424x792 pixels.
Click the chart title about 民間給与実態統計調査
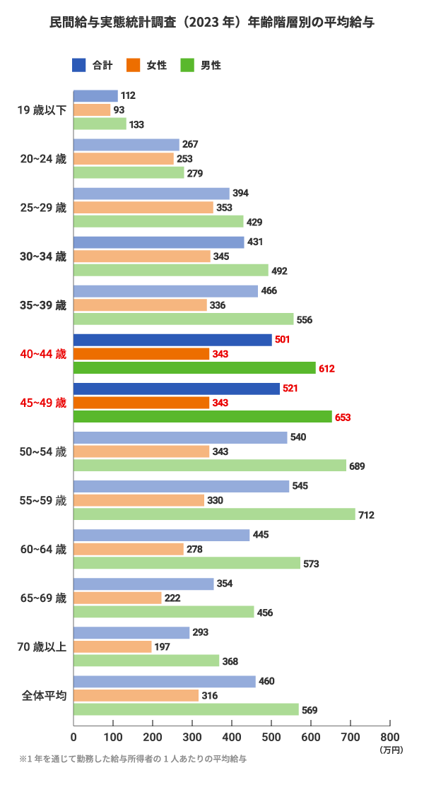pos(212,23)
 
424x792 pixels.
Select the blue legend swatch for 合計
pos(79,66)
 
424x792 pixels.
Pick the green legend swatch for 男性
pos(188,66)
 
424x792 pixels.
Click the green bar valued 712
pos(214,514)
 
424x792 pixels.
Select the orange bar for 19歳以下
pos(92,110)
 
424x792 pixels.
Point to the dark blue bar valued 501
pos(172,340)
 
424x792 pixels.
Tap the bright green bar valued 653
pos(202,417)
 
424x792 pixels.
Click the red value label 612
pos(326,369)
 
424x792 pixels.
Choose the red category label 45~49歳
pos(43,403)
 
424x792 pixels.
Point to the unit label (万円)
pos(391,748)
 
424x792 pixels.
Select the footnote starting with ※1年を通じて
pos(133,760)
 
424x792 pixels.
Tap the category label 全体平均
pos(44,696)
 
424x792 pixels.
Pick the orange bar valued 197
pos(112,646)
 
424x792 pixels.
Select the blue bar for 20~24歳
pos(126,145)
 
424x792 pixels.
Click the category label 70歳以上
pos(43,647)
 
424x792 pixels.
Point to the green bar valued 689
pos(210,466)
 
